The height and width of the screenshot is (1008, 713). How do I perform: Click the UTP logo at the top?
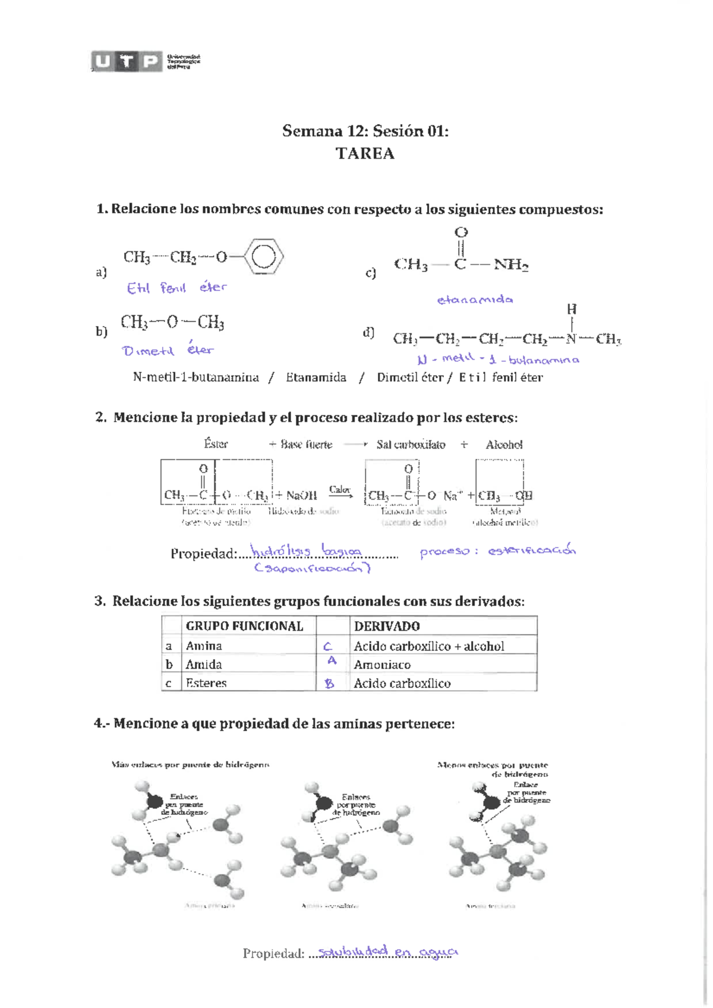(x=127, y=61)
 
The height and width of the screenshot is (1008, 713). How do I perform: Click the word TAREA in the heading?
(x=365, y=153)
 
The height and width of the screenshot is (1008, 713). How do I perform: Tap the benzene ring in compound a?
(x=264, y=257)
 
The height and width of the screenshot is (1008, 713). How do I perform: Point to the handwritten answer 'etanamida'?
(x=475, y=299)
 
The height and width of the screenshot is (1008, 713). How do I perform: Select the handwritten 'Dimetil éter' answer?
(x=168, y=350)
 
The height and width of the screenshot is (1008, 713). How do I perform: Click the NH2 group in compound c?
(x=511, y=264)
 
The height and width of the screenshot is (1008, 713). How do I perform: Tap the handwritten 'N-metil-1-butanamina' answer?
(x=498, y=359)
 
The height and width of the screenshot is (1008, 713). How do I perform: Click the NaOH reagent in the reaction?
(x=301, y=495)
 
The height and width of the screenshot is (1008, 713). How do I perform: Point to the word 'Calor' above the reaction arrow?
(x=339, y=489)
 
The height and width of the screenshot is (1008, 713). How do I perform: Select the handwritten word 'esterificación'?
(x=532, y=550)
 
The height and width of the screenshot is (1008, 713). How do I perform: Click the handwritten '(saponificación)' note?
(x=313, y=568)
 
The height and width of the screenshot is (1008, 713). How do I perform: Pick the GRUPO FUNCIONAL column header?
(x=244, y=626)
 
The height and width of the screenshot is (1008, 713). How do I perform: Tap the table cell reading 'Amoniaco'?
(x=382, y=665)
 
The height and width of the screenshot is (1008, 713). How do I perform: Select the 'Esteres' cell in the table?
(x=206, y=683)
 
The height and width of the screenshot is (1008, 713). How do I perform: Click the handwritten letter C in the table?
(x=327, y=646)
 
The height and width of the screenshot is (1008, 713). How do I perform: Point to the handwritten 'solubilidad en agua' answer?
(x=387, y=952)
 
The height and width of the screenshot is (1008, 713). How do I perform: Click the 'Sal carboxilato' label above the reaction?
(x=411, y=444)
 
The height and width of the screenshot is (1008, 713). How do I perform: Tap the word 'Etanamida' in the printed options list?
(x=316, y=377)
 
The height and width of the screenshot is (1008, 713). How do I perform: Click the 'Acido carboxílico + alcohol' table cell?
(x=429, y=646)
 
